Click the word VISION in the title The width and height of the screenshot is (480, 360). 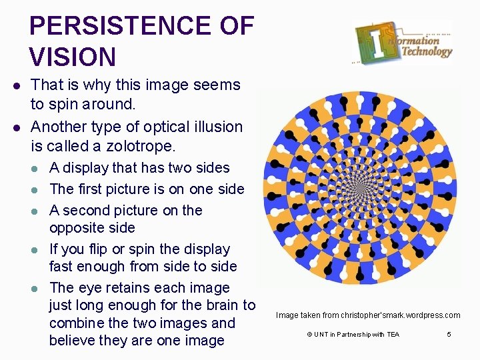tap(73, 57)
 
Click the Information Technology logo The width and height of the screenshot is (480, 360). tap(403, 42)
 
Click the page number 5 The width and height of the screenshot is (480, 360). tap(449, 334)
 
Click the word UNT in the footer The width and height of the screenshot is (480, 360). tap(320, 334)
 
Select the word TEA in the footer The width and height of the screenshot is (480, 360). tap(392, 334)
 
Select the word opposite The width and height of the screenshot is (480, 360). tap(73, 228)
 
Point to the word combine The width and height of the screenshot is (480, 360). tap(75, 323)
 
